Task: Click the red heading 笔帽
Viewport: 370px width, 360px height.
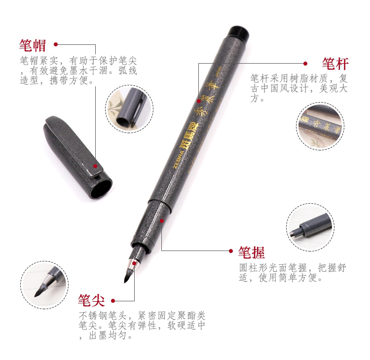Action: pos(33,45)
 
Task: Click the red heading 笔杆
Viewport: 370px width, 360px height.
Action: pos(335,64)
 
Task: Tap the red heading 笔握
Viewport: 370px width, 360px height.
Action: pos(251,252)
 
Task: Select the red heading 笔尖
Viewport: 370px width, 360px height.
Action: pos(91,300)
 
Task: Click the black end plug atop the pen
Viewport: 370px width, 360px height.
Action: pos(238,33)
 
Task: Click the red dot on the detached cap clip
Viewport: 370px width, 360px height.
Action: pos(95,166)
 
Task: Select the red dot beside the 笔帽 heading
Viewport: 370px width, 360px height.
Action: pos(56,44)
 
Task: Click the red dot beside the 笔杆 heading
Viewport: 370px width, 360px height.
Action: pos(305,64)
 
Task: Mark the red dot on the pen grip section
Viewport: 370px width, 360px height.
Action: pos(162,221)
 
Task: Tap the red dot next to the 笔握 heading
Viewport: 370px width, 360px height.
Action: pos(231,251)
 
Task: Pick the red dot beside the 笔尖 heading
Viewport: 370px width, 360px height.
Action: pos(113,300)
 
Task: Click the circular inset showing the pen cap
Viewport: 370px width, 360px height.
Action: pos(129,109)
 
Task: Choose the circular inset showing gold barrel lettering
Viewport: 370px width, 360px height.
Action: pos(320,126)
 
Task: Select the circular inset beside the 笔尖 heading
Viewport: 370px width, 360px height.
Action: pos(44,285)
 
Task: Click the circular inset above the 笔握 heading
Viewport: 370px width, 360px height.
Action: pos(310,227)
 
